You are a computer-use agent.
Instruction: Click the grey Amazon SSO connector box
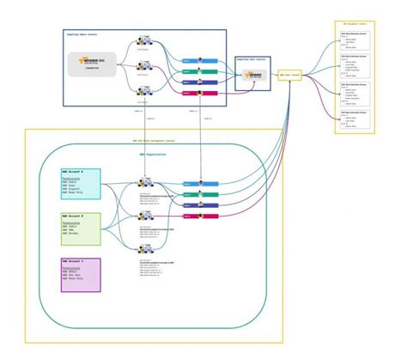tap(93, 64)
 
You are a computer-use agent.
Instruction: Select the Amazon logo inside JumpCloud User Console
tap(252, 76)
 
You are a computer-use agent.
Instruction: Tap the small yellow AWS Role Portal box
tap(290, 76)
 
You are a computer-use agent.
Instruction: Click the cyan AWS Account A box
tap(81, 183)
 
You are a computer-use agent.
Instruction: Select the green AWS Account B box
tap(81, 229)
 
